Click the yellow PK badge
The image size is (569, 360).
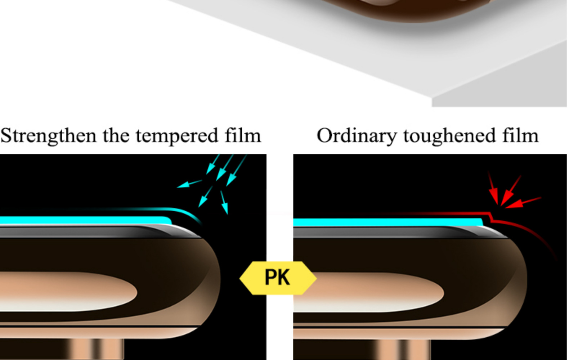pos(278,278)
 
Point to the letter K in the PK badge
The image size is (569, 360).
pos(283,278)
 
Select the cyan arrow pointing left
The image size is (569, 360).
pos(189,184)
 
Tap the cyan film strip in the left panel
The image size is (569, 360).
pos(83,220)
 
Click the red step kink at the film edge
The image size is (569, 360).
pos(490,217)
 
